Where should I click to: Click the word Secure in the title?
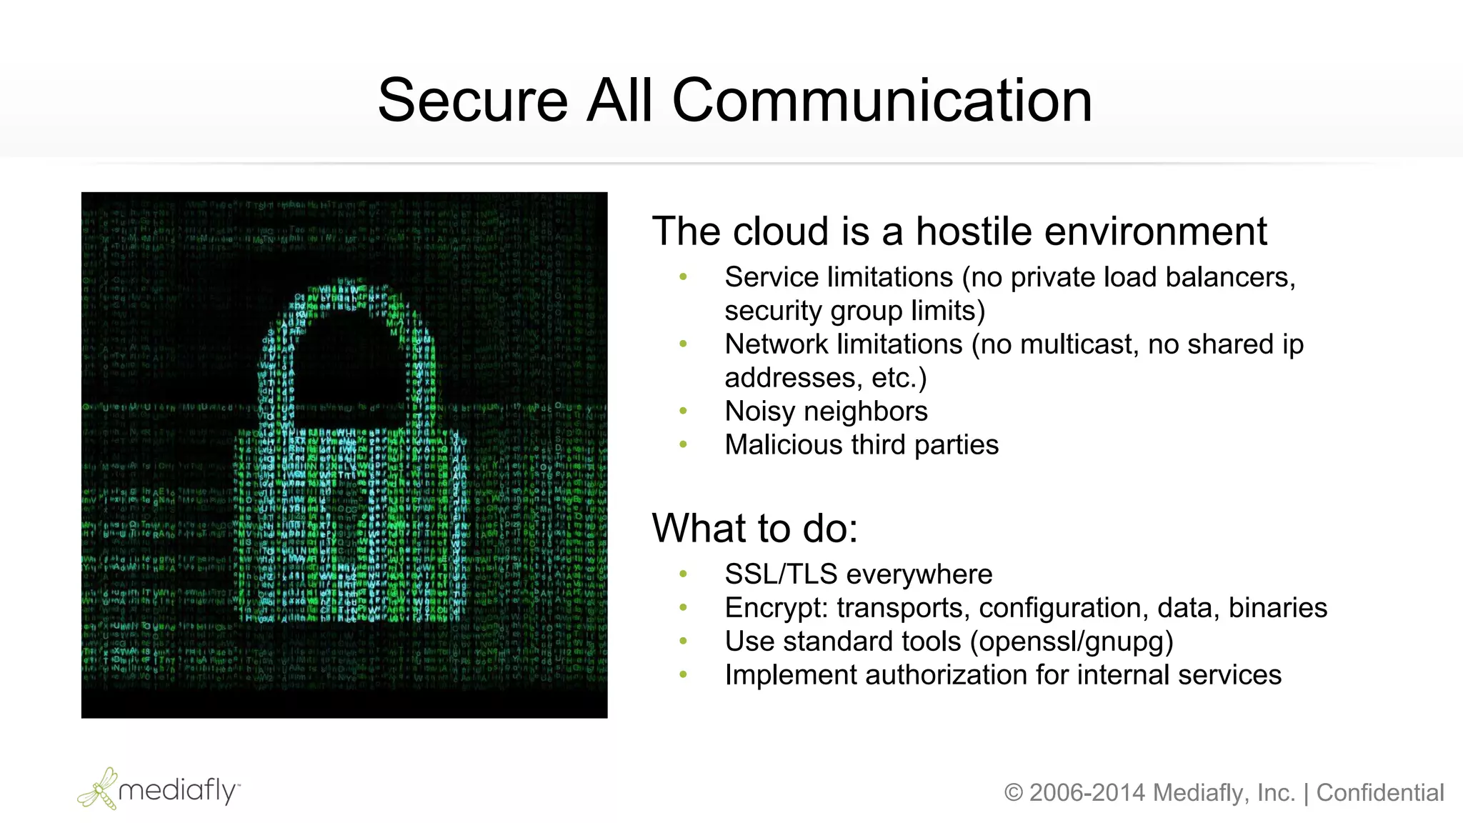pos(472,101)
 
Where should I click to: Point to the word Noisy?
pos(759,411)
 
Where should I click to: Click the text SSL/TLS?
pos(781,574)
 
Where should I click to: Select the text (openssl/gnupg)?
pos(1072,642)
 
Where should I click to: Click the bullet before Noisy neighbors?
pos(684,411)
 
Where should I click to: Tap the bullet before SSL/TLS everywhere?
pos(684,574)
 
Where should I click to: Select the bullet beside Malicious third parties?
pos(684,444)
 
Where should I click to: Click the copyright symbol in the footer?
pos(1013,793)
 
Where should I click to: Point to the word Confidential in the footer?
pos(1379,793)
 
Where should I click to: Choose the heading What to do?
pos(754,529)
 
